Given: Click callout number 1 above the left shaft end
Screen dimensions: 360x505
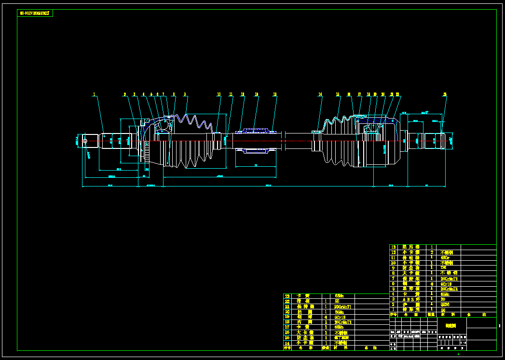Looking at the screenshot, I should (94, 94).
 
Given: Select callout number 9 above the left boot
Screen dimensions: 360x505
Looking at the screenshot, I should (185, 94).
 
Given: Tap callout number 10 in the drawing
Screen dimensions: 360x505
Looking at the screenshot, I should (218, 94).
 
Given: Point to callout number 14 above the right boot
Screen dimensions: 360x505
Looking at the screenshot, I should (320, 94).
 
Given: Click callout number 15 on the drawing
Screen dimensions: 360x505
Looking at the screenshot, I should (338, 94).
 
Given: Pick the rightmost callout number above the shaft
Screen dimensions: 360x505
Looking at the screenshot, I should (445, 94).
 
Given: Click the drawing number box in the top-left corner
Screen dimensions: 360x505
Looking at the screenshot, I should (35, 13).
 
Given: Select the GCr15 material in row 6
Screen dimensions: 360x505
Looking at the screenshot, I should (446, 283).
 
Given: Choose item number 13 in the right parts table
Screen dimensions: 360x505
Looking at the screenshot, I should (393, 247).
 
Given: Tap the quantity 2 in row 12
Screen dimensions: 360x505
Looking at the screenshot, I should (431, 252).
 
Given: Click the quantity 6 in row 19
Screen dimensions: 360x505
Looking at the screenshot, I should (326, 317).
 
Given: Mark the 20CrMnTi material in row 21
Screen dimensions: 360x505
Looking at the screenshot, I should (342, 307).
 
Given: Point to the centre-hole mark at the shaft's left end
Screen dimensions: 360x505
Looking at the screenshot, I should (85, 141).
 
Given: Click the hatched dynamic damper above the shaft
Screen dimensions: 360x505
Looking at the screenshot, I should (256, 130).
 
